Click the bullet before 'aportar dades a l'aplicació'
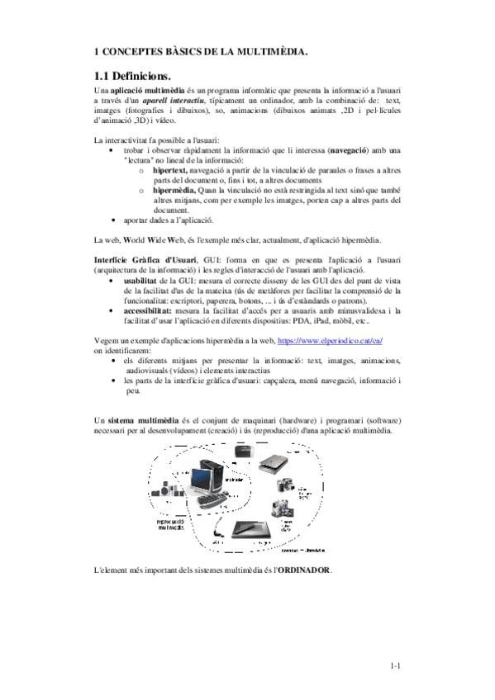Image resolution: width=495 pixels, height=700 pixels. point(112,221)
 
